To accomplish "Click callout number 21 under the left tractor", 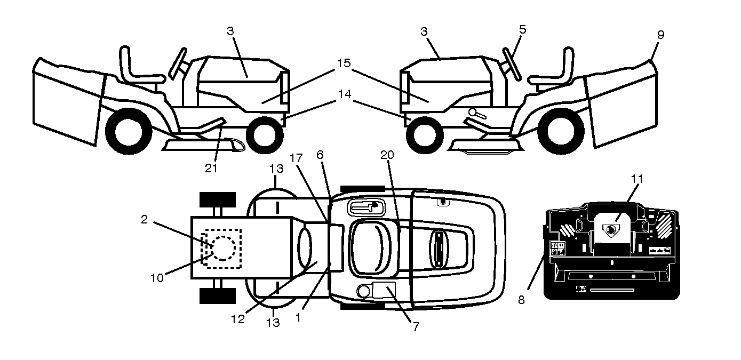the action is (211, 168).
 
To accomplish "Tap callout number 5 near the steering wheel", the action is (522, 29).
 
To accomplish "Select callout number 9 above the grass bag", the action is (660, 35).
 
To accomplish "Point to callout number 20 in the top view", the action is (387, 155).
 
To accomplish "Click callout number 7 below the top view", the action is (416, 326).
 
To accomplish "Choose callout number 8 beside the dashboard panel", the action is (521, 300).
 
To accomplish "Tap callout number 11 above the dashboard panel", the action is (637, 179).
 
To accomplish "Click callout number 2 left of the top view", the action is (144, 219).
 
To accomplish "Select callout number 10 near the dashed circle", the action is (157, 278).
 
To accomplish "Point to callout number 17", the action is (296, 158).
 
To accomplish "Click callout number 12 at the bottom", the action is (238, 319).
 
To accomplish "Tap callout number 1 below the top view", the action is (298, 318).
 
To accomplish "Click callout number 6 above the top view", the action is (320, 155).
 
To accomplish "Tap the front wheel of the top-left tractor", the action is (265, 134).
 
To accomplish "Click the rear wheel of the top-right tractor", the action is (561, 131).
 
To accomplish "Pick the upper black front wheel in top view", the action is (218, 199).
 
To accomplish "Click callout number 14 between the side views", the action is (345, 94).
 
